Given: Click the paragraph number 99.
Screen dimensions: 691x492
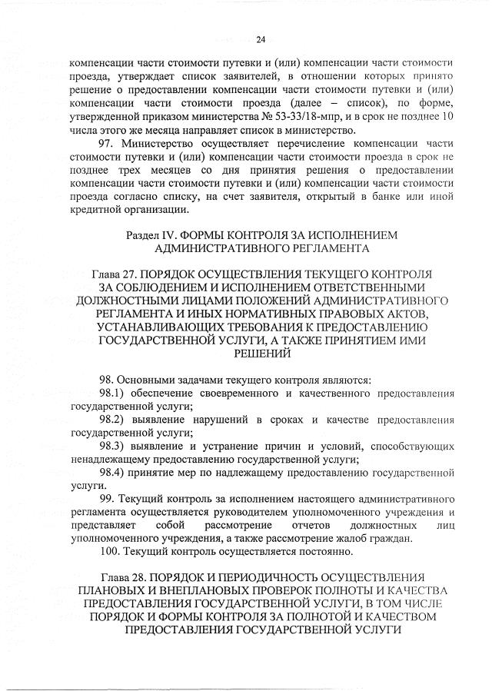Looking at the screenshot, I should (108, 500).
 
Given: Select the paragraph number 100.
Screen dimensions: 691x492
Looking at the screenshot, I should (111, 552).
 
